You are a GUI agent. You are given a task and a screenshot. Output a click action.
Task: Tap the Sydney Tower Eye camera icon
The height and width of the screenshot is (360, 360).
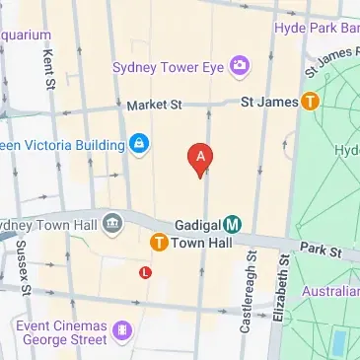(x=239, y=67)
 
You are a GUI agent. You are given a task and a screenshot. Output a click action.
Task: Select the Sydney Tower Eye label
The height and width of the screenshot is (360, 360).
(x=169, y=68)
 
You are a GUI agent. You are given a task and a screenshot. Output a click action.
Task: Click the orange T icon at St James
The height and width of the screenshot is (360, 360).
(x=311, y=101)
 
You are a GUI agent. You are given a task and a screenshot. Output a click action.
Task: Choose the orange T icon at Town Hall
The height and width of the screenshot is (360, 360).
(x=158, y=243)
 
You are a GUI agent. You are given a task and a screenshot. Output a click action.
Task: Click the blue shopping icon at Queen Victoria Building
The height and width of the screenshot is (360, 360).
(x=139, y=145)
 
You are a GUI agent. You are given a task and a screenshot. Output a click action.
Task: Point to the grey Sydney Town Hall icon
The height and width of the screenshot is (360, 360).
(x=111, y=220)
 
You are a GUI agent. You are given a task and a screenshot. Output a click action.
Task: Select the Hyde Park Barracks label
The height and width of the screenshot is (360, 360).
(x=317, y=29)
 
